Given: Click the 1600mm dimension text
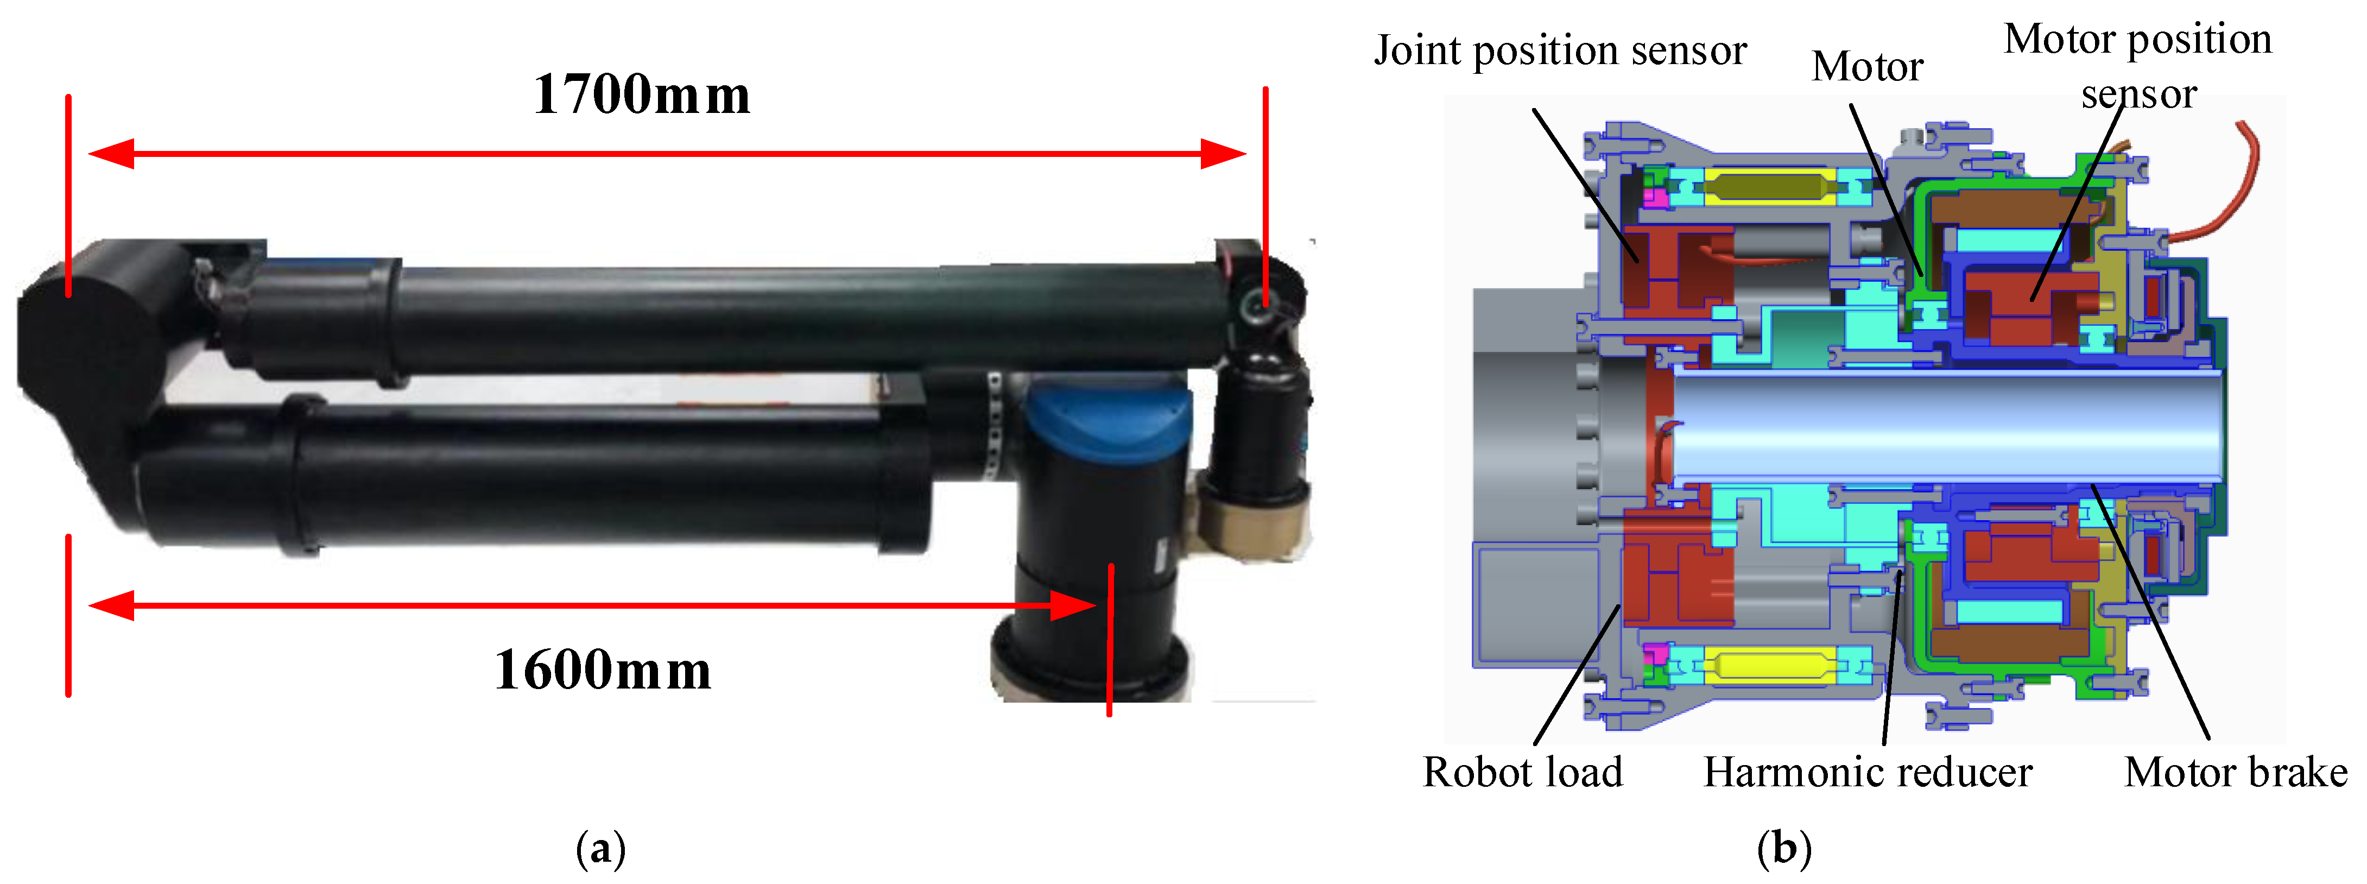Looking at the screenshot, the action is click(603, 671).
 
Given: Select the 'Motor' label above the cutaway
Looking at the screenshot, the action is click(1867, 67).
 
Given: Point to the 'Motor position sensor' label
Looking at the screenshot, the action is click(2137, 66).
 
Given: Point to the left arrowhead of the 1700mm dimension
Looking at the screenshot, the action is click(110, 154).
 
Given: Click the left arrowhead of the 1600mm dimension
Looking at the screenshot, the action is click(110, 605).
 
